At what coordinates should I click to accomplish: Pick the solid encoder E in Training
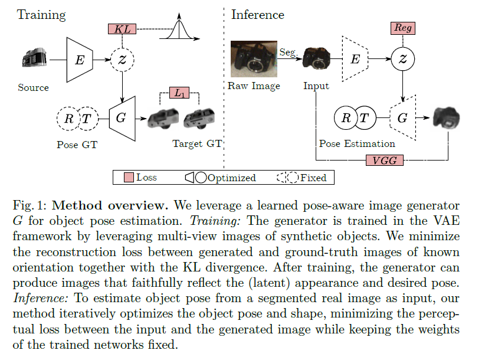point(78,60)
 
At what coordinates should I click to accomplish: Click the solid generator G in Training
point(120,117)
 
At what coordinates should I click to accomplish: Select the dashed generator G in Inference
point(402,117)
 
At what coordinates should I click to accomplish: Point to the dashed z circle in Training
point(122,60)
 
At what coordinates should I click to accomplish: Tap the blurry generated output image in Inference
point(447,118)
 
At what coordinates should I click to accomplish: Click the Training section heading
point(41,14)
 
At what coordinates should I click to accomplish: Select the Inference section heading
point(257,14)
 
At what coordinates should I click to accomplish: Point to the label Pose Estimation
point(357,143)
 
